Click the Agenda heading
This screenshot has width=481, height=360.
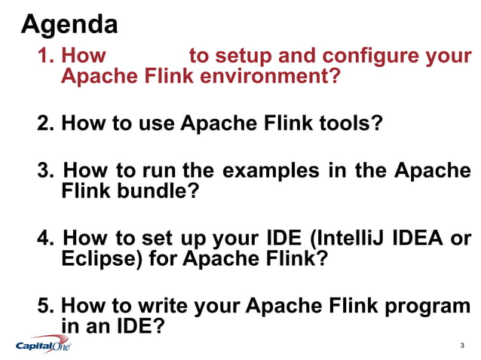(x=69, y=25)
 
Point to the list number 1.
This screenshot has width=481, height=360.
(x=45, y=56)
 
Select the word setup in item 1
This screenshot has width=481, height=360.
(x=241, y=56)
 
